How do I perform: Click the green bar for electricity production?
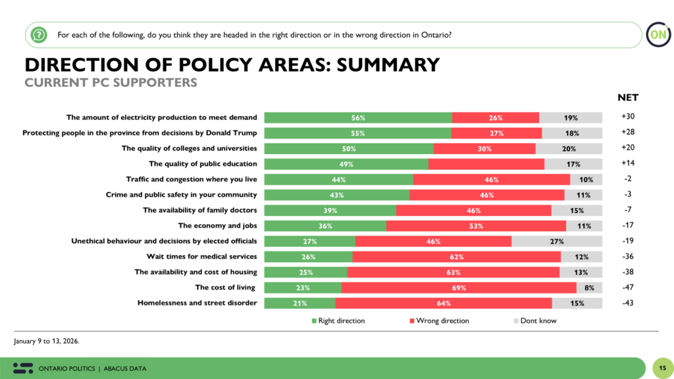coord(358,118)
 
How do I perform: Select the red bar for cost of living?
coord(459,288)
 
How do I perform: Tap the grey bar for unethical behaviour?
coord(556,241)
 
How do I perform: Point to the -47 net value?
coord(627,288)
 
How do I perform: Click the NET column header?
coord(627,97)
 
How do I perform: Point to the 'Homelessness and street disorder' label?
coord(197,303)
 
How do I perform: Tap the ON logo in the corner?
coord(656,35)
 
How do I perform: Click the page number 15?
coord(661,367)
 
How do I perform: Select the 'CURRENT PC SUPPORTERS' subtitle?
coord(111,83)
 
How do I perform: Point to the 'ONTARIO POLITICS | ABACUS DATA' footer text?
coord(93,368)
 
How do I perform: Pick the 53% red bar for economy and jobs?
coord(476,226)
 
